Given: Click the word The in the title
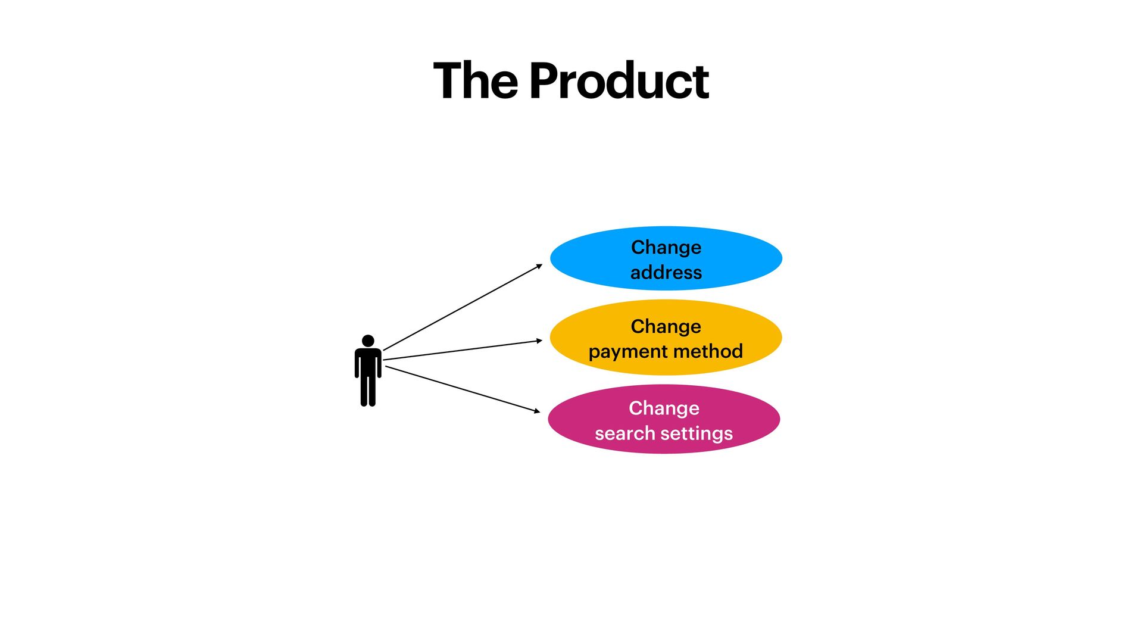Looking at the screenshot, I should click(475, 81).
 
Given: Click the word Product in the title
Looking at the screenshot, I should click(619, 81).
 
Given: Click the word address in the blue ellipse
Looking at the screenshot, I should click(666, 273).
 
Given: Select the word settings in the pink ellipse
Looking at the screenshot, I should click(697, 433).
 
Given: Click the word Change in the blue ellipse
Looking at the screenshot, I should click(666, 247).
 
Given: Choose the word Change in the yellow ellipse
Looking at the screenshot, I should click(666, 326).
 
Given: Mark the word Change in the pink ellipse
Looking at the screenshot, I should click(664, 408).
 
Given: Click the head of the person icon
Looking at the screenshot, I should click(368, 341).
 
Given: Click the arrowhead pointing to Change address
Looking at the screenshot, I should click(539, 266).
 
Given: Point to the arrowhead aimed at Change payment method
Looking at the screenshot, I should click(539, 341).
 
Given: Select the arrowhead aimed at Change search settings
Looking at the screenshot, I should click(537, 411).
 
